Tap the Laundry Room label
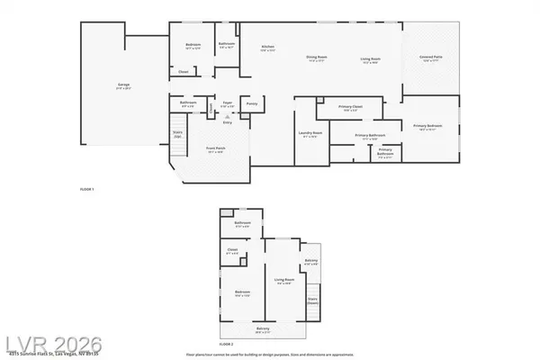tap(310, 134)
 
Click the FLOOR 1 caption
tap(87, 189)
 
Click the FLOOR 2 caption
tap(228, 343)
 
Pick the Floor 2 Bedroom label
tap(242, 292)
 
